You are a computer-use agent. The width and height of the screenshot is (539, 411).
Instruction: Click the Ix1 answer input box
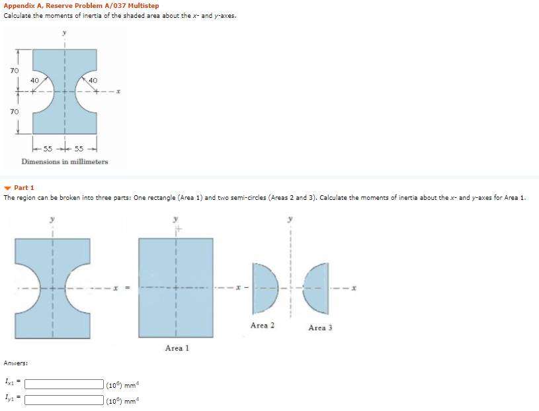tap(64, 384)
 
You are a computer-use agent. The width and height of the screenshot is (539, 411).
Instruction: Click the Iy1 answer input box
tap(64, 400)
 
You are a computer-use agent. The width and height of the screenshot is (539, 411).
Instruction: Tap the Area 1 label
tap(177, 347)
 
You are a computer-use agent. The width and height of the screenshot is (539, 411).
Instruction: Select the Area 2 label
tap(263, 326)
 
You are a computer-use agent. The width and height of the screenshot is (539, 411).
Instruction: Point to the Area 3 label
tap(320, 328)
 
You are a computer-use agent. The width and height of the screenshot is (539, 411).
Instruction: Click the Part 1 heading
tap(24, 188)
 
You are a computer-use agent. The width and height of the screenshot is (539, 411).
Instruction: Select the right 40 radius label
tap(93, 79)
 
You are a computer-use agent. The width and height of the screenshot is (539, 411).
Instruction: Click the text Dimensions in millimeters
tap(65, 161)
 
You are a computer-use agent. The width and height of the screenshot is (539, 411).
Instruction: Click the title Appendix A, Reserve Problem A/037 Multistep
tap(81, 6)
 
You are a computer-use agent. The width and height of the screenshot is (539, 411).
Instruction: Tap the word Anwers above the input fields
tap(16, 363)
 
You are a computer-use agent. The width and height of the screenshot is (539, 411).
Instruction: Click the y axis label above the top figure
tap(64, 32)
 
